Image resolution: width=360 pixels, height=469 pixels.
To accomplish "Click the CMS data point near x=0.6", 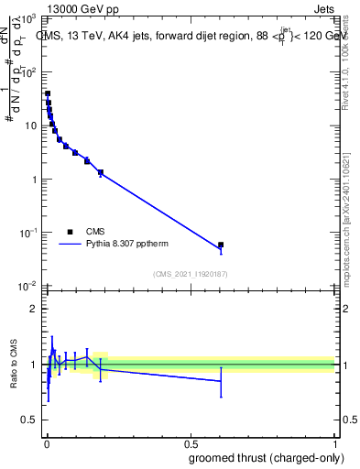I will [x=221, y=245].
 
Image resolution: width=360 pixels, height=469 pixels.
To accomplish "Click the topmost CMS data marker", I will [x=48, y=93].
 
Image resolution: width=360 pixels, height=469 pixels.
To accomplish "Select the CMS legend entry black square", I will [x=70, y=232].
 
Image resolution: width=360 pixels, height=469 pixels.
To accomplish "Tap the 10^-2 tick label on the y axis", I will [x=27, y=286].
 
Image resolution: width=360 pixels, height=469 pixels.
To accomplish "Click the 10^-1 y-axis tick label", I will [x=27, y=233].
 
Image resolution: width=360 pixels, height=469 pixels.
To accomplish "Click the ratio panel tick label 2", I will [x=33, y=309].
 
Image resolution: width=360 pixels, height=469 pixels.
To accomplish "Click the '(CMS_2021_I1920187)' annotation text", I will [x=190, y=273].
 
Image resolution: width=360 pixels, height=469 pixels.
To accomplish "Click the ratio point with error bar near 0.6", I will [x=221, y=381].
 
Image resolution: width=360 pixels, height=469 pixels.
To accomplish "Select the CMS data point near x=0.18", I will [x=101, y=172].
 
